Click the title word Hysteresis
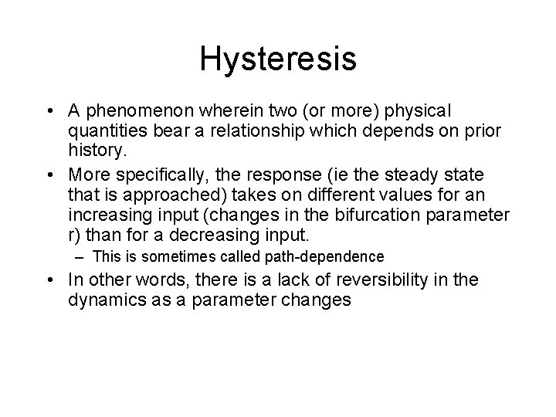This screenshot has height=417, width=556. coord(278,59)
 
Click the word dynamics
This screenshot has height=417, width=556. coord(104,298)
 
